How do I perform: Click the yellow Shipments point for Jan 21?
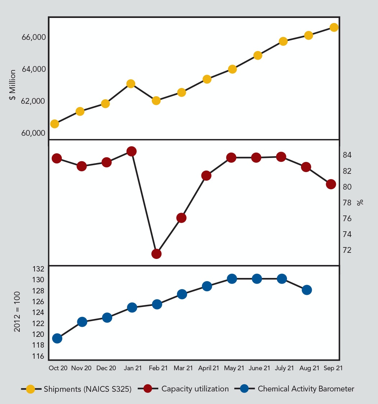131,84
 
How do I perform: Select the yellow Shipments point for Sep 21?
334,27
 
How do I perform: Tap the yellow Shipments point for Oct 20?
55,124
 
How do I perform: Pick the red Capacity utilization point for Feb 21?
156,254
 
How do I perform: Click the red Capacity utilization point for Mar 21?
181,218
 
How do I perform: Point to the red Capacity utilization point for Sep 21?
331,184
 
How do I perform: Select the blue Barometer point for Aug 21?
307,290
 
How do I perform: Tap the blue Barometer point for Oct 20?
57,338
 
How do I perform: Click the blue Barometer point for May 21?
232,279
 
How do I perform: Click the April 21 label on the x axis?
209,368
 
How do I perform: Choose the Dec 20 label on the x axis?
107,368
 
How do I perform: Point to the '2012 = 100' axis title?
17,311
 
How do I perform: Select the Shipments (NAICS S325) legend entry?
77,389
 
